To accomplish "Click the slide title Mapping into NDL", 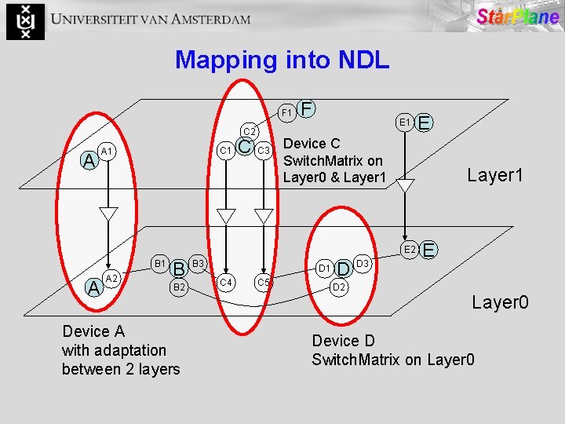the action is [x=282, y=60].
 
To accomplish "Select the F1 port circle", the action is [x=288, y=113].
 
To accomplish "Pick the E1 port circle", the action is [x=405, y=122].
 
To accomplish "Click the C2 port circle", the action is [x=248, y=131].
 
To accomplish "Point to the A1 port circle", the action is [x=108, y=151].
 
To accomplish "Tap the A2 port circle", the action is [x=111, y=279].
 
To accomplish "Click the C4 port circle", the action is [x=226, y=281].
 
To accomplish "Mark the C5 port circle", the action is [x=264, y=282].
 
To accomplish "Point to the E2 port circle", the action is [x=408, y=250].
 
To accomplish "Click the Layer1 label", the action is [x=494, y=176].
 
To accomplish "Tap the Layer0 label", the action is [x=500, y=302].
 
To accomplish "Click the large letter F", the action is [x=308, y=107].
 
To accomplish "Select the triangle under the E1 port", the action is [x=405, y=187].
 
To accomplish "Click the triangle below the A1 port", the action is [x=108, y=214].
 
